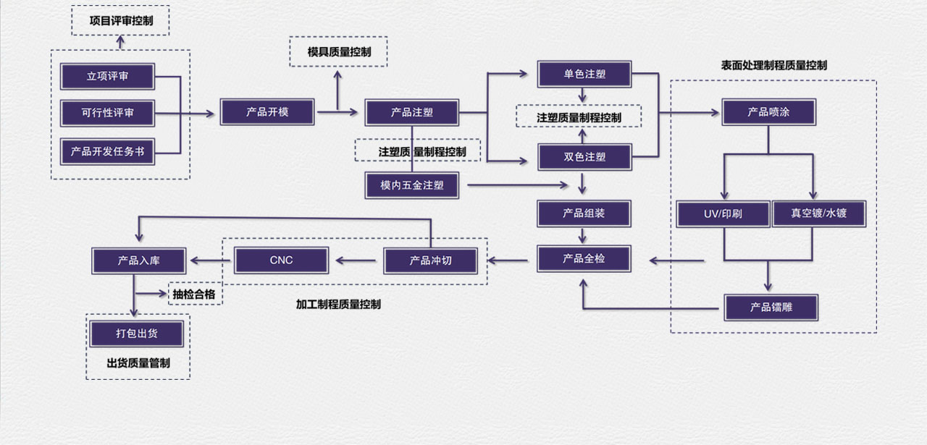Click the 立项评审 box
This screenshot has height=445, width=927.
(x=107, y=76)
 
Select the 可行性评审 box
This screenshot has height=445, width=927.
(x=107, y=113)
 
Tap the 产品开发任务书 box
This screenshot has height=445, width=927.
(x=107, y=151)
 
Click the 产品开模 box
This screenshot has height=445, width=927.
(x=267, y=112)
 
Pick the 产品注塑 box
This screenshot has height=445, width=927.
(x=412, y=112)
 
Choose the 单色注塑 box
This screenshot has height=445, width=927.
(x=584, y=75)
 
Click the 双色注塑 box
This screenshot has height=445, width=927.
(x=584, y=156)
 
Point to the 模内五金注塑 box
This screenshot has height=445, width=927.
(x=412, y=185)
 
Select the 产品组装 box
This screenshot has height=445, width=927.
(x=584, y=213)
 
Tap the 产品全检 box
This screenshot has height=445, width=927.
(x=584, y=258)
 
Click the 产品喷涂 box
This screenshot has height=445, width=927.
(x=769, y=112)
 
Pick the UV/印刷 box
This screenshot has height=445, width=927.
(x=723, y=214)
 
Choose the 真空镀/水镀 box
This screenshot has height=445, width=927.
(x=818, y=214)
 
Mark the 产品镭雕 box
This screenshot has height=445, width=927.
(x=771, y=308)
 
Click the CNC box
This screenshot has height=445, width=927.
(x=281, y=260)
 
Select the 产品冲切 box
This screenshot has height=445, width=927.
(x=431, y=260)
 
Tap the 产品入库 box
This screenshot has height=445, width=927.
(x=139, y=260)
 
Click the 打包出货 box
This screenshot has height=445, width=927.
(x=137, y=334)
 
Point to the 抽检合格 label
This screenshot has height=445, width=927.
(x=194, y=294)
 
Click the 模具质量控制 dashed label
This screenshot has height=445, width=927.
(x=339, y=52)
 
